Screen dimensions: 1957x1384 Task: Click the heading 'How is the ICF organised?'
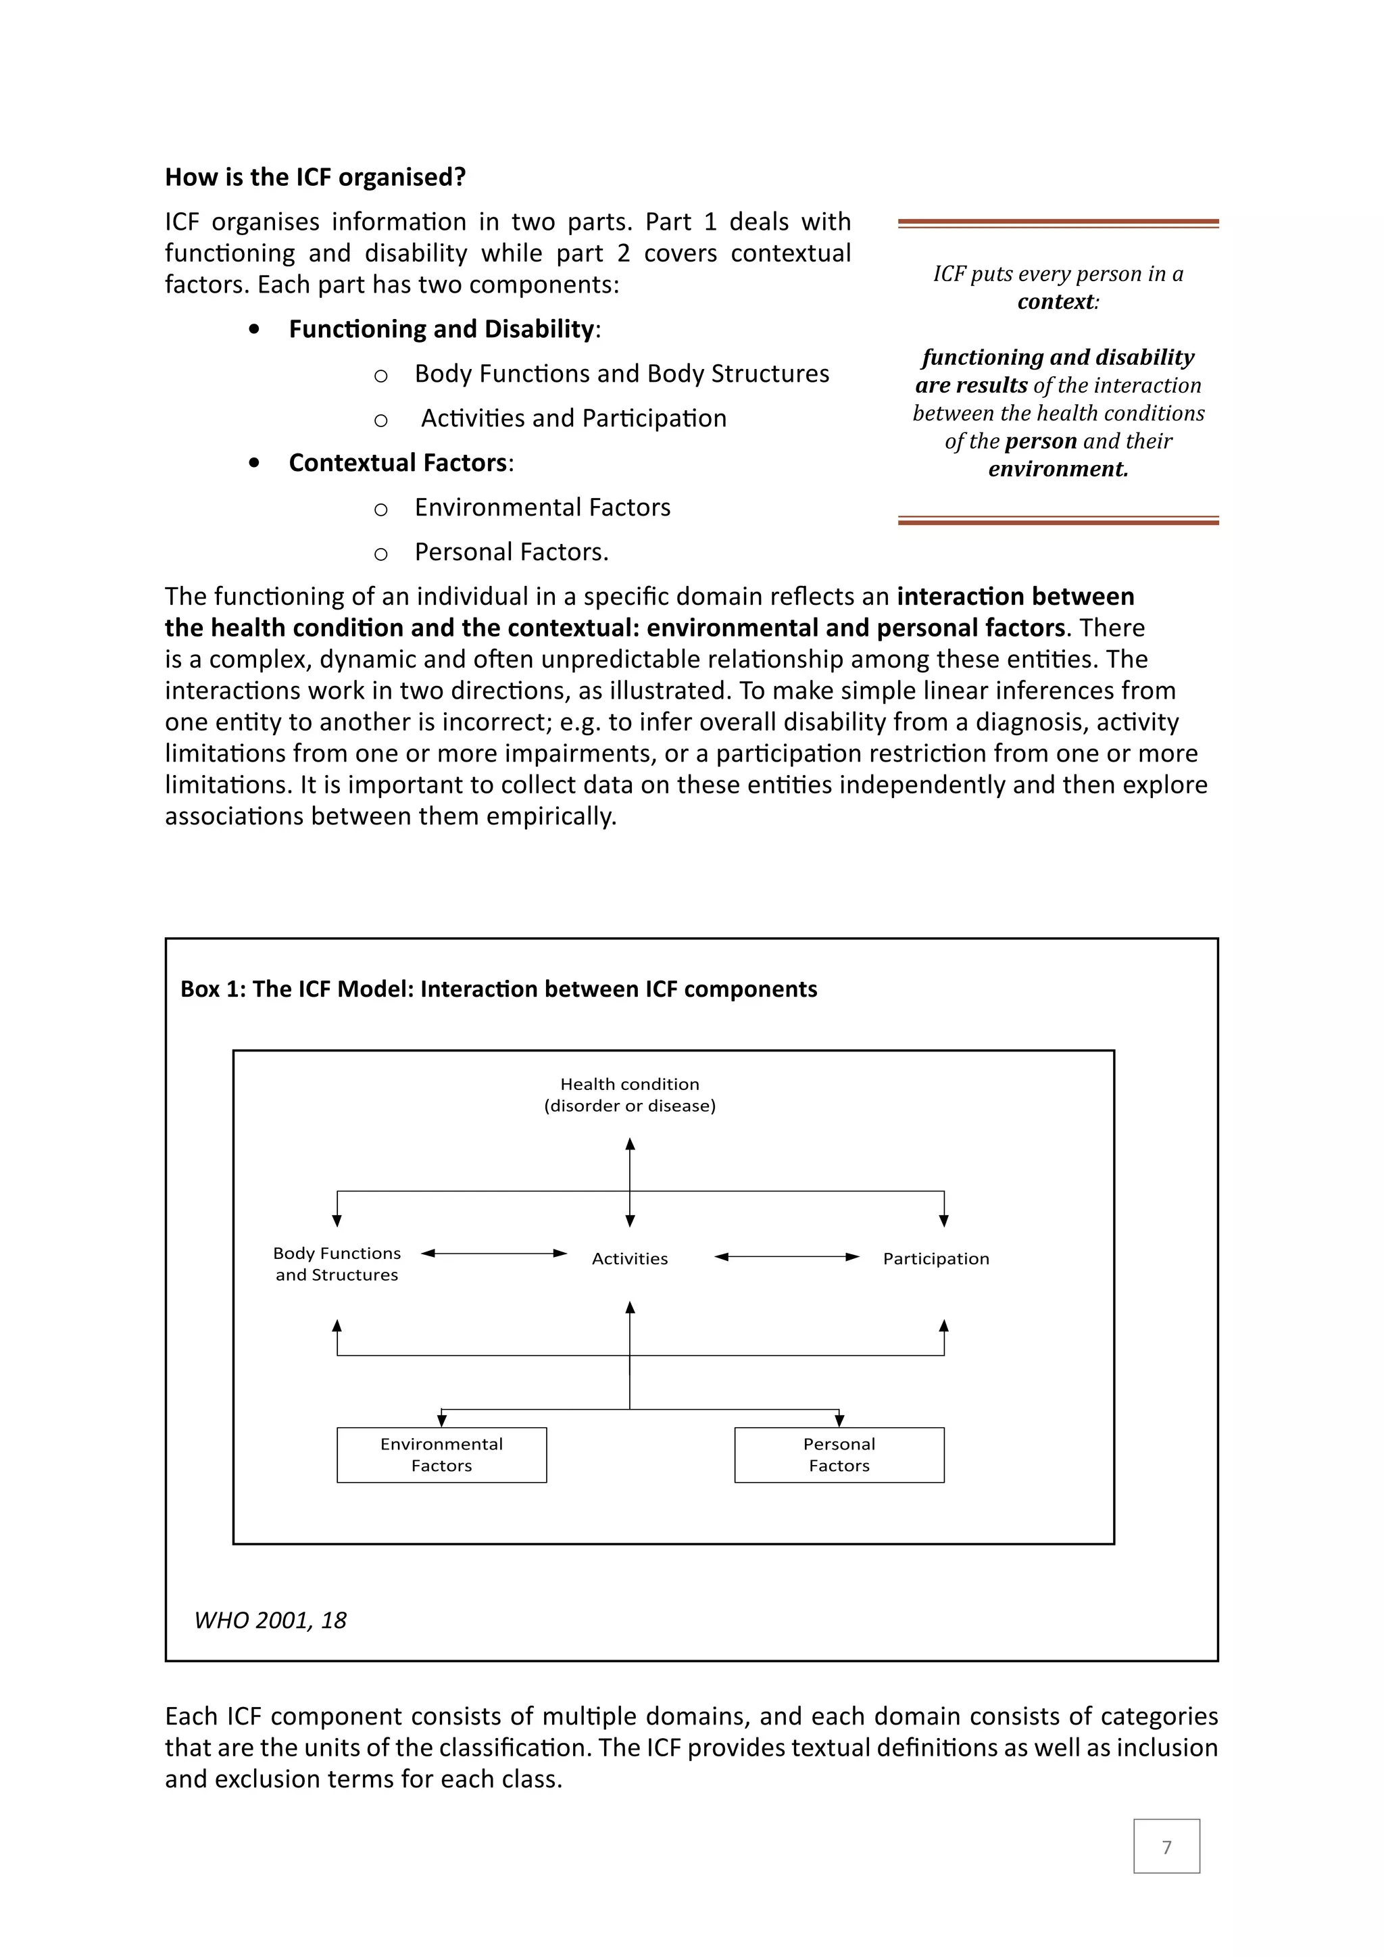click(x=316, y=177)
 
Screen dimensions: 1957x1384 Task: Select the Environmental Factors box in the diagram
click(x=441, y=1454)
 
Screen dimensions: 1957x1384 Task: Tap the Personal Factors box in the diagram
click(x=839, y=1454)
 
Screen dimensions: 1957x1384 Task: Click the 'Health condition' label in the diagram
click(x=630, y=1084)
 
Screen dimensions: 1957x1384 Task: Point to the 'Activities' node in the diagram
click(x=630, y=1259)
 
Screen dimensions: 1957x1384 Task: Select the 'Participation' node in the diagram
click(x=936, y=1259)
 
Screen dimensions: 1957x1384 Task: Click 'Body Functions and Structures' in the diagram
click(x=337, y=1264)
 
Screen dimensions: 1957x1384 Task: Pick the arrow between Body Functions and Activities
click(x=494, y=1253)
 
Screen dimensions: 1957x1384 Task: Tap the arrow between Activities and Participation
click(x=787, y=1256)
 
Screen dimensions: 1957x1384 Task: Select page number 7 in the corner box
click(x=1166, y=1846)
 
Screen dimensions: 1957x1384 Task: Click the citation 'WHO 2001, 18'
click(x=271, y=1620)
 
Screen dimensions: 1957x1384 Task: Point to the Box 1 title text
click(x=499, y=989)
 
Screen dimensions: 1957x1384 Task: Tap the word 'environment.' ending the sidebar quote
click(x=1058, y=469)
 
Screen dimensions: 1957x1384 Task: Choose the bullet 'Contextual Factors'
click(x=399, y=463)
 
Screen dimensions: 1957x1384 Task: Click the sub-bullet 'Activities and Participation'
click(x=574, y=418)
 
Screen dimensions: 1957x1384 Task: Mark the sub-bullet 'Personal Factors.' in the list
click(x=512, y=552)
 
